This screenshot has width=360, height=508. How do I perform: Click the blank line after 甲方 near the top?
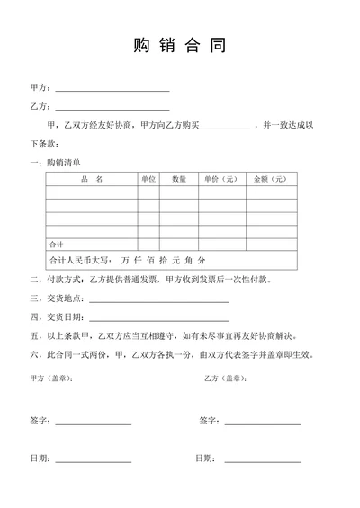(112, 90)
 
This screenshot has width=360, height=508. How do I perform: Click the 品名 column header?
(91, 179)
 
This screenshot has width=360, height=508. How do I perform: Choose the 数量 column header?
(179, 179)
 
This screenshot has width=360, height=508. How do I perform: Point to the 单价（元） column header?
(220, 179)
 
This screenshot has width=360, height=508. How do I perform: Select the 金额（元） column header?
(270, 179)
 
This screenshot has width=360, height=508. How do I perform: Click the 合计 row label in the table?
(56, 244)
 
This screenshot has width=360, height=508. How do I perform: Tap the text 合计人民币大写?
(78, 260)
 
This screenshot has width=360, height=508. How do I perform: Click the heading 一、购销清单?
(56, 162)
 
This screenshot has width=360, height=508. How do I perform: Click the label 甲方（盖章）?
(52, 378)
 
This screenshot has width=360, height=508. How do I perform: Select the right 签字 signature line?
(262, 423)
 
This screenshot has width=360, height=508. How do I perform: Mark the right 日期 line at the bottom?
(262, 461)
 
